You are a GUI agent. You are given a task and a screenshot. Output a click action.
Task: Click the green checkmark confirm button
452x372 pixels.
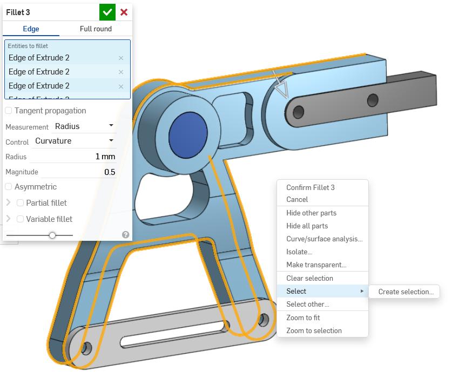point(107,12)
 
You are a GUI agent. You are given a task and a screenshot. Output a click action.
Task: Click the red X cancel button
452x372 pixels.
point(124,12)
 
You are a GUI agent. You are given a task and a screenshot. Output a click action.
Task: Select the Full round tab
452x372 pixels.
point(96,29)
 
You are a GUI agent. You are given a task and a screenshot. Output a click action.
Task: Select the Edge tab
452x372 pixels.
point(31,29)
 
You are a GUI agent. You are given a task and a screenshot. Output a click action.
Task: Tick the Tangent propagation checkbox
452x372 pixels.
point(9,111)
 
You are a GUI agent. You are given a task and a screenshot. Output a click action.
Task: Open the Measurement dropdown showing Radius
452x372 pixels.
point(84,126)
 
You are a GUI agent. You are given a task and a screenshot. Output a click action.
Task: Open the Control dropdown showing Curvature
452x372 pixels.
point(74,141)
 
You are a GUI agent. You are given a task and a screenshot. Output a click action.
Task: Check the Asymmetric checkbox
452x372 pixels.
point(9,187)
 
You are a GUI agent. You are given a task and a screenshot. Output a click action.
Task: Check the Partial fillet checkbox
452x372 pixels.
point(21,203)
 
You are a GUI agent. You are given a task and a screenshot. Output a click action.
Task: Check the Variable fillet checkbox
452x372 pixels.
point(21,219)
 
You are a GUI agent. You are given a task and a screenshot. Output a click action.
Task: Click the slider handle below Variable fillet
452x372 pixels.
point(52,235)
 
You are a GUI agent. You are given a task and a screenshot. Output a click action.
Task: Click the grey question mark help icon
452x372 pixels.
point(126,235)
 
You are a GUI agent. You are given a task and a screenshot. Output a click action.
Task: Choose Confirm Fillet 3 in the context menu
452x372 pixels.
point(311,187)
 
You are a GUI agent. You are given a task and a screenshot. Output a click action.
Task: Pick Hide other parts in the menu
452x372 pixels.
point(312,213)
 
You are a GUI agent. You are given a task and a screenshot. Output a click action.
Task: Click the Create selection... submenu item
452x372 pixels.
point(406,292)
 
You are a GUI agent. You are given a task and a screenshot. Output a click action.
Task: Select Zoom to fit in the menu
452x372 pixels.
point(303,317)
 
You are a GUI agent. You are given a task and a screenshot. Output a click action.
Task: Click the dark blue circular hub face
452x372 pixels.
point(188,136)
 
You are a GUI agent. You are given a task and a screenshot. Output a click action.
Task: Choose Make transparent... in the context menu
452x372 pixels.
point(316,265)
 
